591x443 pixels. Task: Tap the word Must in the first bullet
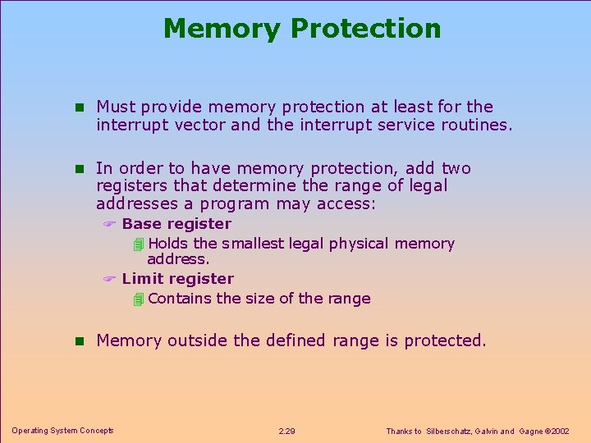click(x=117, y=107)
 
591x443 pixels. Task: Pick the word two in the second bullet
click(x=456, y=168)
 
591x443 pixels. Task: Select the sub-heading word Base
click(x=141, y=224)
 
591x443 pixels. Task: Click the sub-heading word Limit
click(x=143, y=279)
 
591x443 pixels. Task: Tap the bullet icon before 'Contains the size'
click(x=138, y=299)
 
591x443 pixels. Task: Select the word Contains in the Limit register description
click(x=181, y=299)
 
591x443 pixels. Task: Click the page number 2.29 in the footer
click(x=287, y=432)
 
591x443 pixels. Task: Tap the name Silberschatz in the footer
click(x=450, y=432)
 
